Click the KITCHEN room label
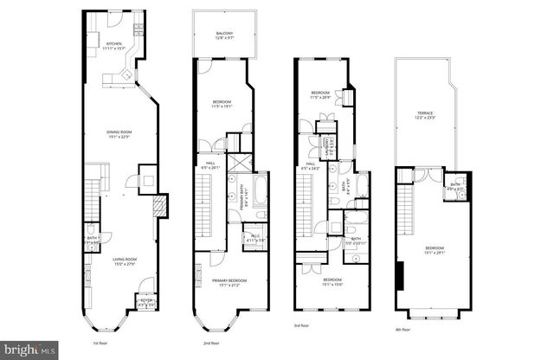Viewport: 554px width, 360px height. tap(114, 46)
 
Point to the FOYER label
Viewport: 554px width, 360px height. tap(145, 302)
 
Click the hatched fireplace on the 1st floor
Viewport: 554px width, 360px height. tap(158, 206)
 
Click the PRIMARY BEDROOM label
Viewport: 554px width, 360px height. tap(224, 282)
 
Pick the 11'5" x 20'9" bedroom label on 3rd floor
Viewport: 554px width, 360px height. tap(320, 93)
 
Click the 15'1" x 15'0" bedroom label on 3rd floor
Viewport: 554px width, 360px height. tap(332, 281)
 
